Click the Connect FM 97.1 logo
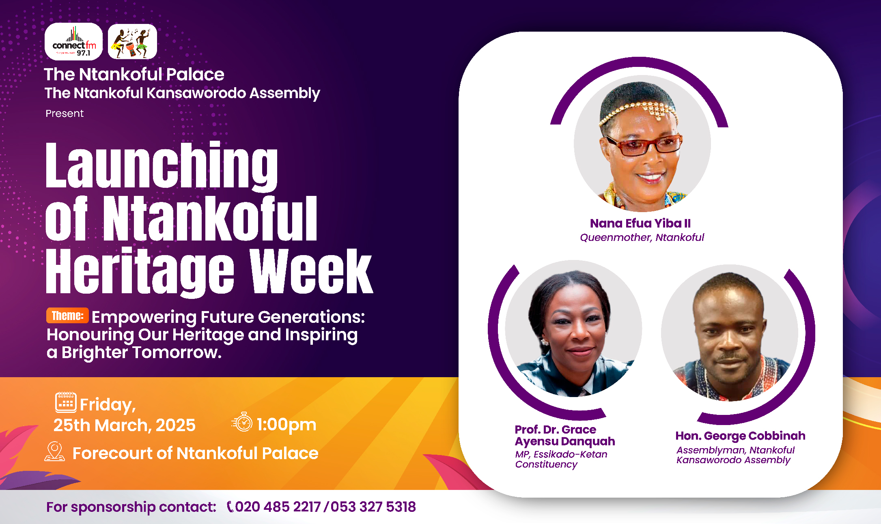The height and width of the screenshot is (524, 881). pos(73,41)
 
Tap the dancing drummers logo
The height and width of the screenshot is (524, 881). pos(132,41)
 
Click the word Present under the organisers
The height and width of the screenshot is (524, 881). pos(65,114)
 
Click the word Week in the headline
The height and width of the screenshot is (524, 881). pos(311,271)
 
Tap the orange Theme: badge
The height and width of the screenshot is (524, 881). pos(67,316)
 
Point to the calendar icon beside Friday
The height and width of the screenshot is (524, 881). pos(66,402)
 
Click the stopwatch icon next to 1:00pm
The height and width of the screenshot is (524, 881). pos(242,422)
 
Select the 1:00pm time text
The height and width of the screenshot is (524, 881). pos(286,425)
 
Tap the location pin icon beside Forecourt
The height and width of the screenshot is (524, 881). pos(55,451)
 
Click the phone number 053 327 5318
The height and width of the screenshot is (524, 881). pos(373,507)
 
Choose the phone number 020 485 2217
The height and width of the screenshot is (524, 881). pos(278,507)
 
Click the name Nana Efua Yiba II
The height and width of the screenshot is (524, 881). pos(640,223)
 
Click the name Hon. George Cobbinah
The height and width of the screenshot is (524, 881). pos(740,436)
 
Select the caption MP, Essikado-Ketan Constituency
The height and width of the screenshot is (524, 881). pos(561,459)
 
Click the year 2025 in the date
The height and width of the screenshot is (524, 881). pos(176,425)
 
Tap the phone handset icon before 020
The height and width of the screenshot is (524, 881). pos(230,507)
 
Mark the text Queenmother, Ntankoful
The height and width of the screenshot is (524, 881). pos(642,237)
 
